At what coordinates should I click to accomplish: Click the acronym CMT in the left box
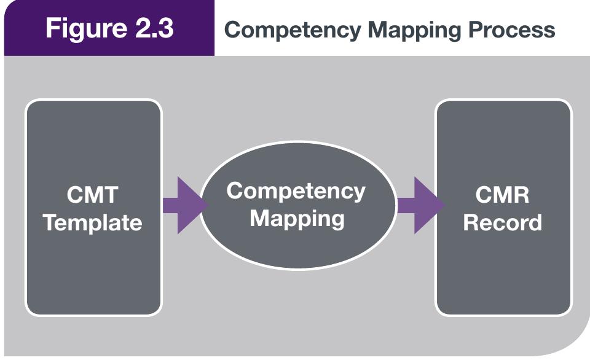click(93, 195)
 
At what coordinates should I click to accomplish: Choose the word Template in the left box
click(93, 222)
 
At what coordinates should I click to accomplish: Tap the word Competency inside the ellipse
click(296, 191)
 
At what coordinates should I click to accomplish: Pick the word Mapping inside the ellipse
click(297, 218)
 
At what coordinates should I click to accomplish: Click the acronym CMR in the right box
click(502, 195)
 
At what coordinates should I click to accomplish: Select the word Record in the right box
click(502, 222)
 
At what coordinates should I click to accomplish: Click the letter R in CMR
click(521, 195)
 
